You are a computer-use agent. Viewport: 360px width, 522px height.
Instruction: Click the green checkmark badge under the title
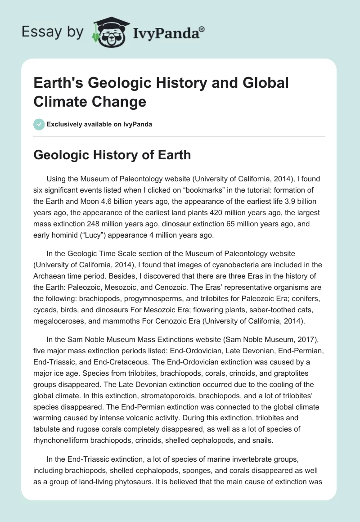click(x=39, y=124)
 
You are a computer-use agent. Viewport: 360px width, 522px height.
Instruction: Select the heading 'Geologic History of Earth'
click(x=112, y=155)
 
